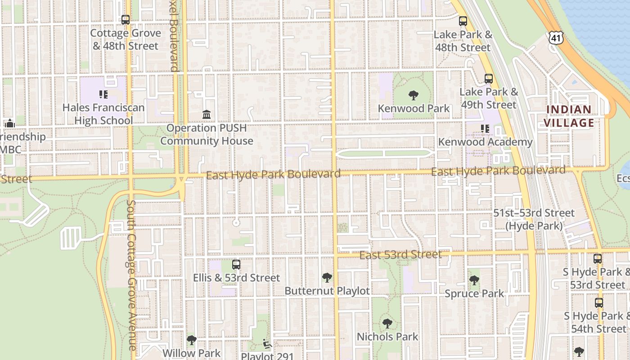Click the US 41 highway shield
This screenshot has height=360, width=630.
click(x=556, y=38)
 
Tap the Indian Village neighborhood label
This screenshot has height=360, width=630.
click(x=569, y=116)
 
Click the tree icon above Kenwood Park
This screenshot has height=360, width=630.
click(x=413, y=95)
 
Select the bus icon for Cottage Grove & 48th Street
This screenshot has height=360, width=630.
click(x=126, y=20)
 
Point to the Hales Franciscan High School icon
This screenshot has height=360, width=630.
click(x=103, y=94)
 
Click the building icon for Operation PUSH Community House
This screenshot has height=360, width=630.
click(x=207, y=115)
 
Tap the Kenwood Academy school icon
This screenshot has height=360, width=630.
click(x=485, y=129)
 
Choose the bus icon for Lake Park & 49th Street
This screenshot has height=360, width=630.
click(x=489, y=79)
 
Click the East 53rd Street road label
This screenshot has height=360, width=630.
click(x=400, y=255)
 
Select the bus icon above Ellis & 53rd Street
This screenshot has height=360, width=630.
click(x=236, y=265)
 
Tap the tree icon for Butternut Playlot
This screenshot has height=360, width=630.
click(x=327, y=278)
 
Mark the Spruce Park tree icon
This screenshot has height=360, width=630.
click(x=474, y=280)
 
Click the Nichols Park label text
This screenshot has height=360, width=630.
click(x=387, y=337)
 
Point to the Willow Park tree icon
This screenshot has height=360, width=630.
click(x=192, y=340)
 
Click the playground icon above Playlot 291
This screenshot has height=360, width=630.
click(x=267, y=344)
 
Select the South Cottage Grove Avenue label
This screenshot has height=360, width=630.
click(x=131, y=275)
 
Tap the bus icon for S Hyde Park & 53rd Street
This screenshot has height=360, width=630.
click(x=598, y=259)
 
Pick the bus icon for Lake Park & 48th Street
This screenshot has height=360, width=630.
click(x=463, y=21)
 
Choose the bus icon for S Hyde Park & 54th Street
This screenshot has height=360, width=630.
click(x=598, y=302)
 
